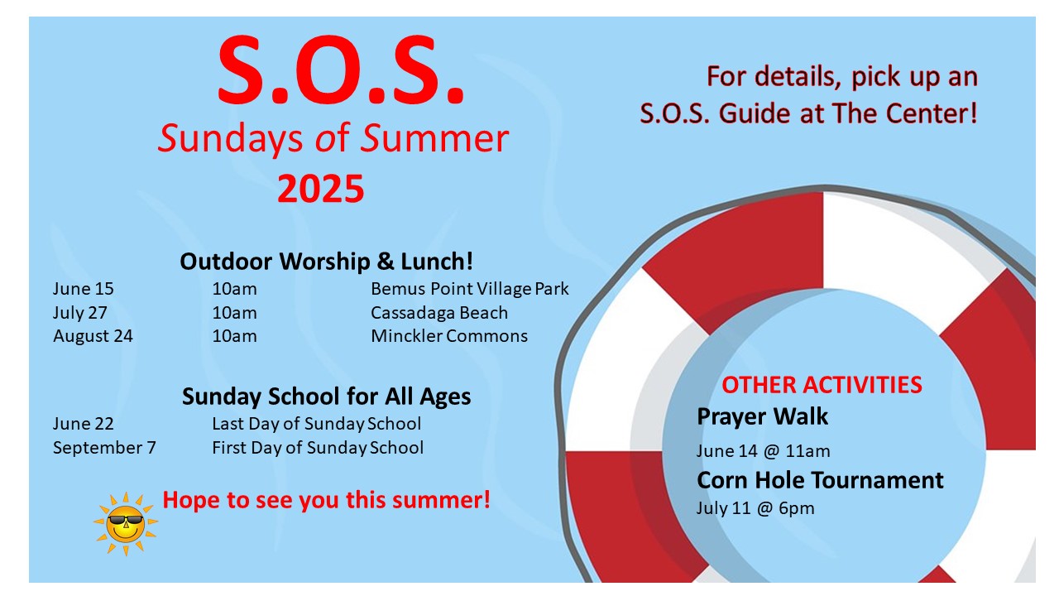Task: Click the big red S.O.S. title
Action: point(340,70)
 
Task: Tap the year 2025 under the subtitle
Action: point(320,189)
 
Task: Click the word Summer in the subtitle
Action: point(435,138)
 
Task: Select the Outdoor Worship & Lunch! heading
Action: point(326,261)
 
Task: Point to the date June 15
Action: point(84,289)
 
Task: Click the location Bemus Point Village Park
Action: point(469,289)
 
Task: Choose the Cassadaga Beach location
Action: point(439,313)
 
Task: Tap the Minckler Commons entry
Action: point(449,336)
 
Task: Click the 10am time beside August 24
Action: point(234,336)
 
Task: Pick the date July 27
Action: point(80,313)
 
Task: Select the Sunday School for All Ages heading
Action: point(326,397)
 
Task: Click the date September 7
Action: point(104,448)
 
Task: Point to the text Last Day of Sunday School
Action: point(316,424)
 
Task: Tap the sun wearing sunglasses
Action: point(126,523)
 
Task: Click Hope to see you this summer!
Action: point(326,500)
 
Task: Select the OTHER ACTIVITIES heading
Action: point(822,385)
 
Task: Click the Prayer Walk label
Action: point(762,416)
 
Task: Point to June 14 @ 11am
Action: point(763,451)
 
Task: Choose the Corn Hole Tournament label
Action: point(820,480)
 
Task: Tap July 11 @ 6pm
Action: point(755,508)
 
